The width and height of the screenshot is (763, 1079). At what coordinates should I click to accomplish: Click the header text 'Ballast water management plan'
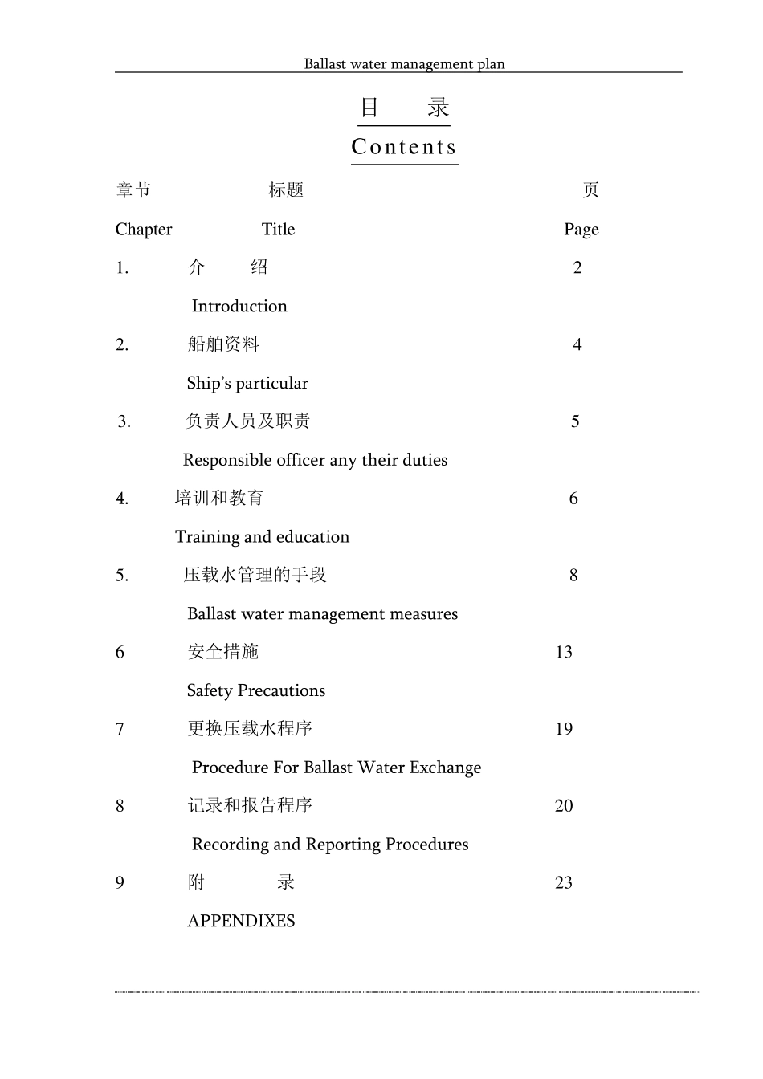[x=404, y=64]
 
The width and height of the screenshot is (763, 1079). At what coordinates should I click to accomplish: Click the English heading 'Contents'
[x=404, y=147]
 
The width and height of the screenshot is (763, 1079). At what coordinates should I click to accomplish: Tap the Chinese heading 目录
[x=404, y=108]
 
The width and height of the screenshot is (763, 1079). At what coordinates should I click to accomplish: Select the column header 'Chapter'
[x=144, y=230]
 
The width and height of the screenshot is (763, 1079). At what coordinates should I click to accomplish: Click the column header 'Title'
[x=278, y=230]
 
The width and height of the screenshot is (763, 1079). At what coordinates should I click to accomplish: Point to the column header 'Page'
[x=581, y=230]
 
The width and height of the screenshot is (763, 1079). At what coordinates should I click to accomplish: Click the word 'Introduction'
[x=239, y=307]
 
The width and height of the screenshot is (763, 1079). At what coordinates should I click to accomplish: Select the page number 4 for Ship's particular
[x=577, y=345]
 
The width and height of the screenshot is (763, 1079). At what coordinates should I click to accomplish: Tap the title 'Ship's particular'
[x=247, y=384]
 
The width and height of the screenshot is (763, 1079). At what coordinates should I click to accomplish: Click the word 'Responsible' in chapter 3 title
[x=227, y=460]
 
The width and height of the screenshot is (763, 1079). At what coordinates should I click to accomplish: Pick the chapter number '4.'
[x=122, y=499]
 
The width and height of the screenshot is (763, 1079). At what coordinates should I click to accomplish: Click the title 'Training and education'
[x=262, y=537]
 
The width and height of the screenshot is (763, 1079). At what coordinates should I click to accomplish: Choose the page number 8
[x=573, y=576]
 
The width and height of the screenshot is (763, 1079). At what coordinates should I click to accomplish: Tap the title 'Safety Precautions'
[x=255, y=691]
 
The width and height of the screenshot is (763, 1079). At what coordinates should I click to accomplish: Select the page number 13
[x=564, y=653]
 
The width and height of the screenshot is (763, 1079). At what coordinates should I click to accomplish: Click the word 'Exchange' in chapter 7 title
[x=445, y=768]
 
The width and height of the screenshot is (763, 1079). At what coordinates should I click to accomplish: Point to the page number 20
[x=564, y=806]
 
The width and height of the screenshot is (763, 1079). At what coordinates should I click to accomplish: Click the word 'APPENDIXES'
[x=241, y=922]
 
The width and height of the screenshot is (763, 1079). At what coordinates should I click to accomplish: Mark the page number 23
[x=564, y=883]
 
